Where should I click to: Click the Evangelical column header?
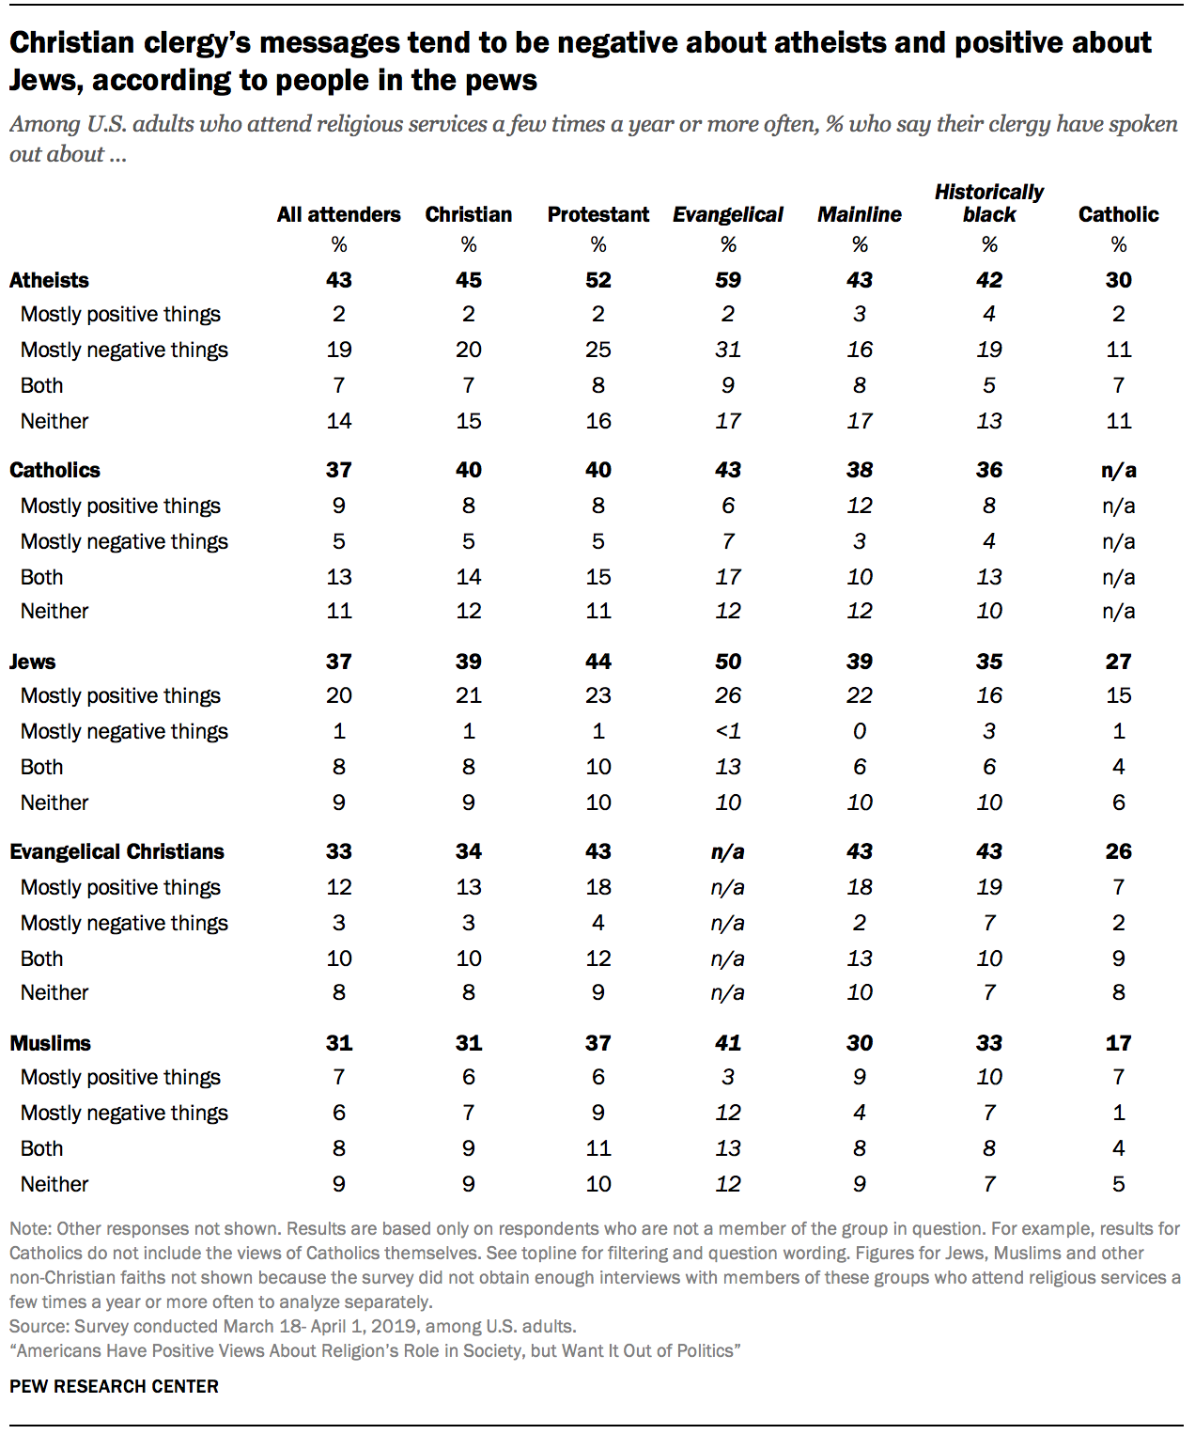coord(727,214)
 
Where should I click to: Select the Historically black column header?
coord(988,203)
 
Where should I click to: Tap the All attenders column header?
coord(338,214)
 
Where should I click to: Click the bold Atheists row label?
coord(49,280)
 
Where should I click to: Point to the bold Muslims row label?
coord(50,1043)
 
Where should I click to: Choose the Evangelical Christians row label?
coord(116,851)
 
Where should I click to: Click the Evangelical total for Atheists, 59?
coord(727,280)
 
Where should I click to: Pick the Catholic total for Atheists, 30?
coord(1118,280)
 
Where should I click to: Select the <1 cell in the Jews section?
coord(727,731)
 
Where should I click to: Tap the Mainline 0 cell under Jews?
coord(859,731)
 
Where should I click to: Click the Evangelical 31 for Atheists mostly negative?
coord(727,350)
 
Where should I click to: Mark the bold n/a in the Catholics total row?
coord(1118,470)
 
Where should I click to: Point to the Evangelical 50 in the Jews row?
coord(727,662)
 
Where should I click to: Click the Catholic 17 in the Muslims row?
coord(1118,1043)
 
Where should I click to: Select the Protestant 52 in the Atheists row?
coord(597,280)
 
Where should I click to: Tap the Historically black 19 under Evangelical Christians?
coord(988,887)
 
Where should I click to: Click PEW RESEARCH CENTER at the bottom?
coord(114,1386)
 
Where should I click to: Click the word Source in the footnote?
coord(38,1326)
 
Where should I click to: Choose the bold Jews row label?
coord(32,662)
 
